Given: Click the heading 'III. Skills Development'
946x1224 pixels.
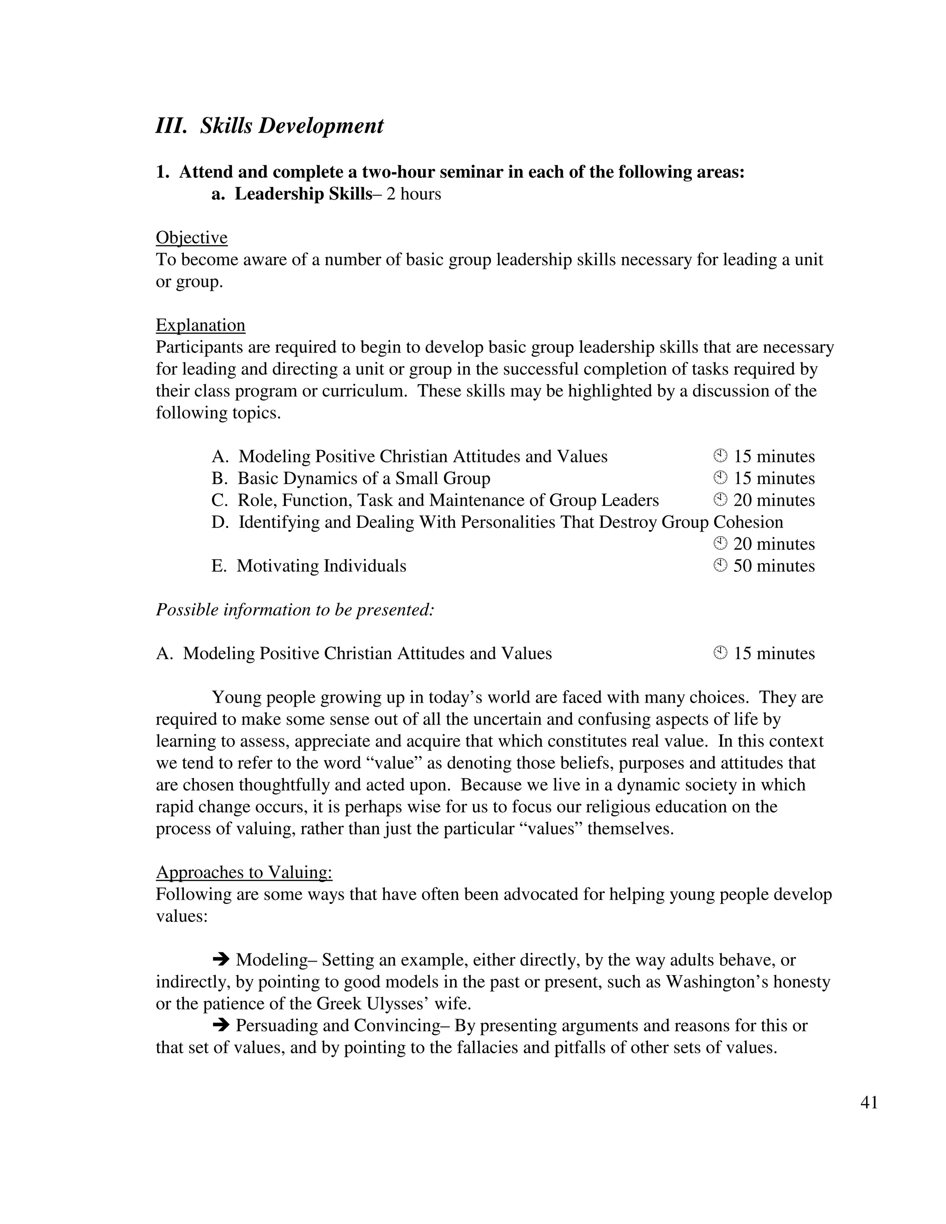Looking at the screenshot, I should (x=270, y=126).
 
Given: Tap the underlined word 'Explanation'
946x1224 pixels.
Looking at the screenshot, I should (x=200, y=325).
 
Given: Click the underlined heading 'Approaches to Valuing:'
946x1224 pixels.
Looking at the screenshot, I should (x=244, y=872).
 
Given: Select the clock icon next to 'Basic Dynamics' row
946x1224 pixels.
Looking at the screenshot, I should (x=720, y=478).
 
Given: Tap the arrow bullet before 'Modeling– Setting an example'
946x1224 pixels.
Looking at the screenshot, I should (x=221, y=959).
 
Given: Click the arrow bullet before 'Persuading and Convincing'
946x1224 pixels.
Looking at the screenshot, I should (x=221, y=1025).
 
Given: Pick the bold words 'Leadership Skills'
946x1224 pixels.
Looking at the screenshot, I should (x=303, y=194).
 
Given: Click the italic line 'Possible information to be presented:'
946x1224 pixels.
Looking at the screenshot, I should (x=295, y=610).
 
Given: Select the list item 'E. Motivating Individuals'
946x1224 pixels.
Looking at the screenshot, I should (x=309, y=566).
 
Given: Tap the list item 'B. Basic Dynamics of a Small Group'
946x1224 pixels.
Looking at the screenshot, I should (x=351, y=478).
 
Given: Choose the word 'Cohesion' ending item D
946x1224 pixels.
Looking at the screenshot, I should (x=748, y=522).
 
